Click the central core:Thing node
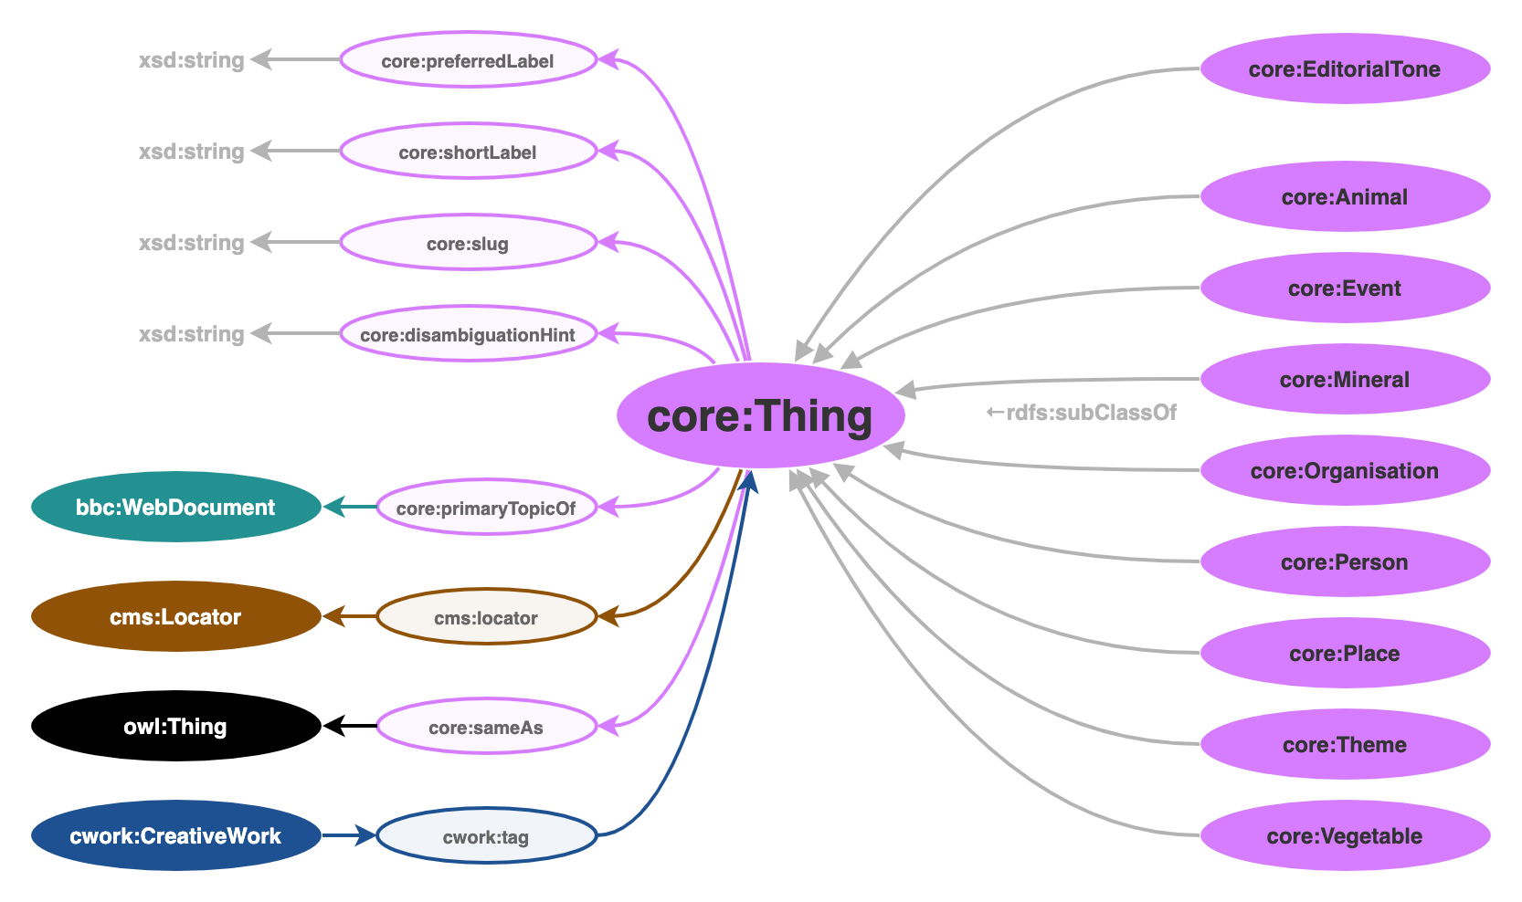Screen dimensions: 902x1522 (x=760, y=415)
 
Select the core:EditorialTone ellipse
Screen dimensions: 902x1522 (x=1345, y=69)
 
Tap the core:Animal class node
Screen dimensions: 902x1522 (x=1345, y=197)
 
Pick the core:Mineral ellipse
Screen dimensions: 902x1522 (x=1345, y=380)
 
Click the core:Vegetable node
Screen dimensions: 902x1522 (x=1345, y=836)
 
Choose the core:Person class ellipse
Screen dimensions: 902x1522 (x=1345, y=562)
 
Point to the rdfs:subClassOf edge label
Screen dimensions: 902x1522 (x=1082, y=413)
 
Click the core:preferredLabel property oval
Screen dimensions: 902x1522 (x=468, y=61)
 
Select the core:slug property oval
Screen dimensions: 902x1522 (x=468, y=244)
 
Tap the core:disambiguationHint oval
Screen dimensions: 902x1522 (x=468, y=335)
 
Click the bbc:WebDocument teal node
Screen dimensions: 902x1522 (x=175, y=508)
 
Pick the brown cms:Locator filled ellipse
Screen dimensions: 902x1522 (x=175, y=617)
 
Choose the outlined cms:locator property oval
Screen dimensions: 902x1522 (x=486, y=618)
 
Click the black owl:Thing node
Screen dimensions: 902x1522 (x=175, y=727)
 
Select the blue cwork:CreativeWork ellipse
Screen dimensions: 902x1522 (x=175, y=836)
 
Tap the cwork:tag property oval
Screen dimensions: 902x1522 (x=486, y=837)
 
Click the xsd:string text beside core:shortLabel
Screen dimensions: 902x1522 (x=192, y=152)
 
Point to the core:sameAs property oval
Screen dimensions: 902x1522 (x=486, y=728)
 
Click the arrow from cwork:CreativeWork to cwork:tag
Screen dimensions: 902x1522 (x=348, y=835)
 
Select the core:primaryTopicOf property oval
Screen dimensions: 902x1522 (x=486, y=509)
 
